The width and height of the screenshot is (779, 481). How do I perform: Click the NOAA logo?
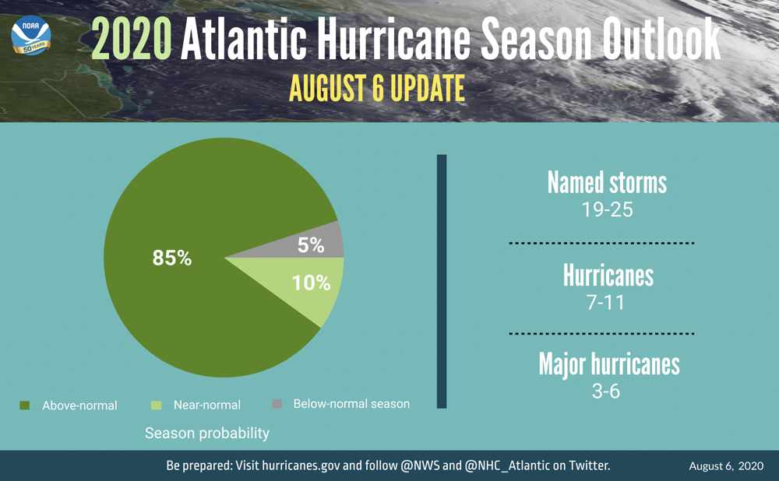tap(31, 35)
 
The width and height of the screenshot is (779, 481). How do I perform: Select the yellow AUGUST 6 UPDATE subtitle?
tap(377, 88)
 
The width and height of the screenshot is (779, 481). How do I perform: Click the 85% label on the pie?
tap(172, 258)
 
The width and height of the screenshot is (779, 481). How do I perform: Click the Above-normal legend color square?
tap(25, 405)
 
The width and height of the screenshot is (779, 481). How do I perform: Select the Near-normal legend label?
tap(206, 405)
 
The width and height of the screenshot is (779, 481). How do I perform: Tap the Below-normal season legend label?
tap(351, 404)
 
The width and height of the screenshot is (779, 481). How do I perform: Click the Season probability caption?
tap(207, 433)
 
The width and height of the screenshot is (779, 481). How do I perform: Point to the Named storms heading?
tap(607, 183)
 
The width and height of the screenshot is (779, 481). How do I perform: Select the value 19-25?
tap(607, 209)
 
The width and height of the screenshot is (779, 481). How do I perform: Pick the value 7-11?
tap(606, 302)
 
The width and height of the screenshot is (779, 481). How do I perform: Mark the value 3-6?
tap(606, 391)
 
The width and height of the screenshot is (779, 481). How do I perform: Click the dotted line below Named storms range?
tap(601, 244)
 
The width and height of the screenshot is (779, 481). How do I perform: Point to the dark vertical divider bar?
tap(442, 281)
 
